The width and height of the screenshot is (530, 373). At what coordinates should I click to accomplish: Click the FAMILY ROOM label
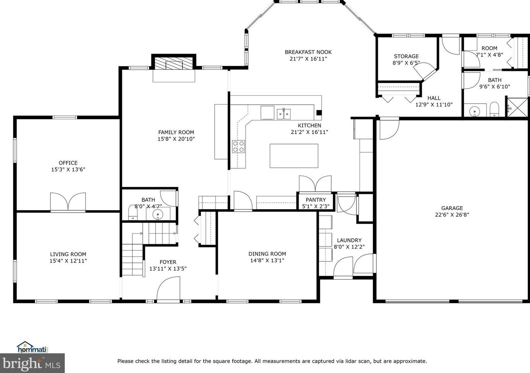(176, 132)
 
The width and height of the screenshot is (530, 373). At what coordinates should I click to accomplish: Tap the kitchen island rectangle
(294, 156)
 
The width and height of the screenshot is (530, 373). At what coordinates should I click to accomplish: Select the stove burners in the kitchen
(238, 147)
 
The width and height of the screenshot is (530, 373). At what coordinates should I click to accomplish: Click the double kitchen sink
(284, 114)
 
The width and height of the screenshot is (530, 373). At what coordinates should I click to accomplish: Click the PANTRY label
(316, 200)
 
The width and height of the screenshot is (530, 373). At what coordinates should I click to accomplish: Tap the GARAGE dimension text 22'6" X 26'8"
(452, 215)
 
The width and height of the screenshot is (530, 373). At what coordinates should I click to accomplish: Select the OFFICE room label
(68, 163)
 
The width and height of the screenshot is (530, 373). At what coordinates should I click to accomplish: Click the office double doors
(68, 202)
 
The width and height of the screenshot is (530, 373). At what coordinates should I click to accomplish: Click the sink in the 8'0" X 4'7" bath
(157, 215)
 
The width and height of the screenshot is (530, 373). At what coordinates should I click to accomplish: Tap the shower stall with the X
(517, 107)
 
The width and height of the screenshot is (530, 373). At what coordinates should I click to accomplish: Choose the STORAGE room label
(406, 56)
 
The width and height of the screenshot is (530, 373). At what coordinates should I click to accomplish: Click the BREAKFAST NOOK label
(308, 52)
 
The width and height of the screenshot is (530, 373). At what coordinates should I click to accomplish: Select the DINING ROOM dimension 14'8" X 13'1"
(267, 260)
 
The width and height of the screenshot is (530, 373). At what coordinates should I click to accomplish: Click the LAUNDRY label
(349, 240)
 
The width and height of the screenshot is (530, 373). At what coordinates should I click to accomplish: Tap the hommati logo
(32, 347)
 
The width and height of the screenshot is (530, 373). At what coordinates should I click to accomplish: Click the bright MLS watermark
(32, 363)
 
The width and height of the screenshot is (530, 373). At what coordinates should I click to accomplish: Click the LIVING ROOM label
(68, 254)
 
